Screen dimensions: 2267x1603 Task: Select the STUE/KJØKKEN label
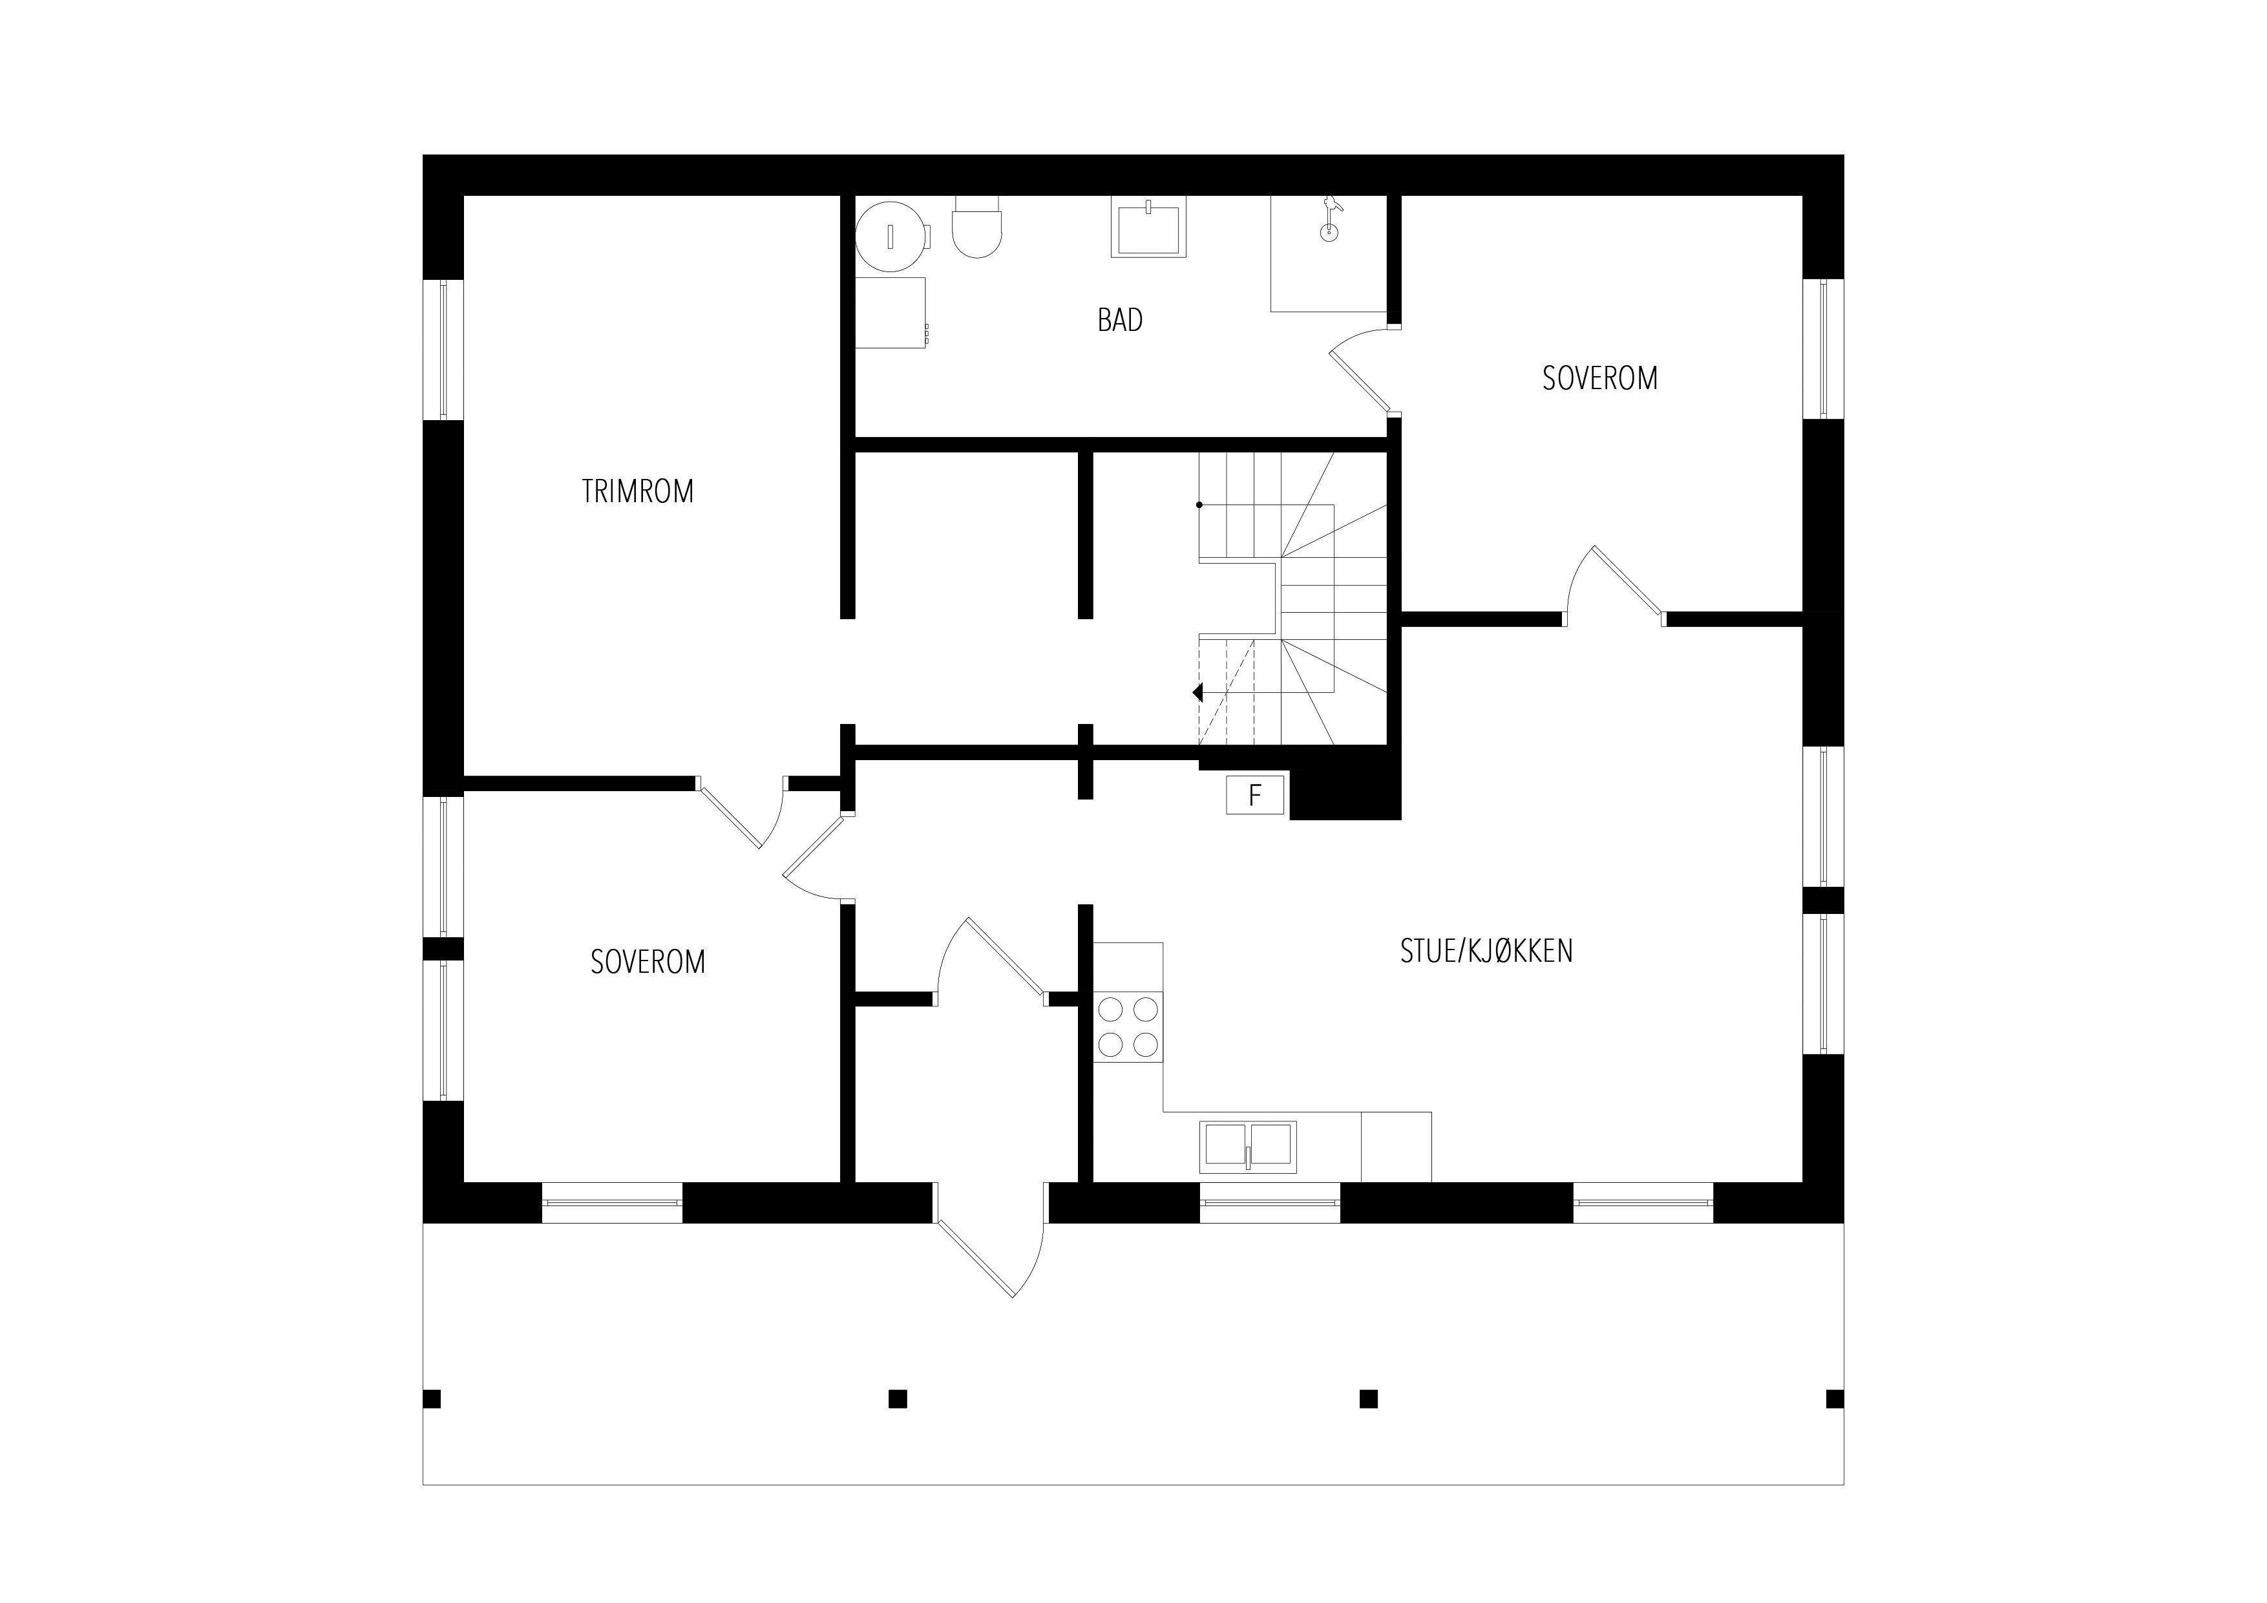(1486, 950)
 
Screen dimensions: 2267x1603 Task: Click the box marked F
(1255, 795)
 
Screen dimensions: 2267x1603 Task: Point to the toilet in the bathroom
(978, 227)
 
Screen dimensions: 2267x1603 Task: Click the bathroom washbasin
(1148, 227)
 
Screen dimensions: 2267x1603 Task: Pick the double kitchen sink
(1248, 1147)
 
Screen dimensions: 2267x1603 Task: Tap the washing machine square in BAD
(891, 312)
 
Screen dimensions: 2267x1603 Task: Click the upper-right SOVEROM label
(1599, 378)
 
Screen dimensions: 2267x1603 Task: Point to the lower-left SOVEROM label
(648, 962)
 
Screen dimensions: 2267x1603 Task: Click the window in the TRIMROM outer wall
(443, 350)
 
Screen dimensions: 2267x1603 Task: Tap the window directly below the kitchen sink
(1270, 1203)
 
